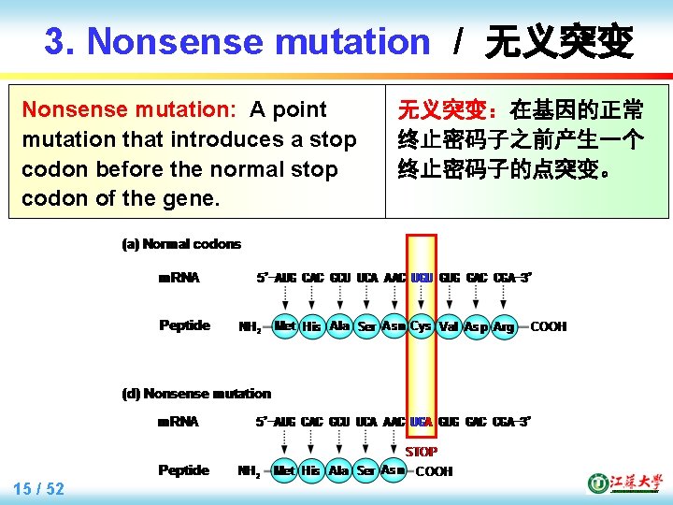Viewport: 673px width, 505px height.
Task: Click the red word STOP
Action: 421,452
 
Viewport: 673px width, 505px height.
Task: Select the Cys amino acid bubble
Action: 421,326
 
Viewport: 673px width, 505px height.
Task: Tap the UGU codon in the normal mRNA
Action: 422,278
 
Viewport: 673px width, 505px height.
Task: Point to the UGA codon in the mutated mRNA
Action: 422,422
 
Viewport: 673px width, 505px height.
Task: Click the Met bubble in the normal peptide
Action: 285,326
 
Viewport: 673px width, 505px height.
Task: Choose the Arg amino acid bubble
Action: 504,327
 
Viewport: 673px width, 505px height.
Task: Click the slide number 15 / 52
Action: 39,489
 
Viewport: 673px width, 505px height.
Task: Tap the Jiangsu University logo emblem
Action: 597,483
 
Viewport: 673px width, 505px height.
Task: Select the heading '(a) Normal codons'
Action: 181,244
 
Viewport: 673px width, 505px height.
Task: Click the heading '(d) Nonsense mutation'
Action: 196,394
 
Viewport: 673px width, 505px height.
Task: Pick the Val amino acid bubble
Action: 449,327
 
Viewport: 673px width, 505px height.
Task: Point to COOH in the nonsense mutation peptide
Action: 434,471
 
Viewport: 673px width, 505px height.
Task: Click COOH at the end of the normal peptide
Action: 549,327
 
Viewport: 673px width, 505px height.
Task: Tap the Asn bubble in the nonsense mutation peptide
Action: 394,470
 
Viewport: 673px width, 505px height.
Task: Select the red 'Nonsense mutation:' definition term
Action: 129,110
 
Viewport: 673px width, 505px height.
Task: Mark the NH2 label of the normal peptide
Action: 250,327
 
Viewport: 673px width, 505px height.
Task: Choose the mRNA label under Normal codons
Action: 179,278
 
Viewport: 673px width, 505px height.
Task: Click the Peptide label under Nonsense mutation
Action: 184,470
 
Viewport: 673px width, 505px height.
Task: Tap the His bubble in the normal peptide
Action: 312,327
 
